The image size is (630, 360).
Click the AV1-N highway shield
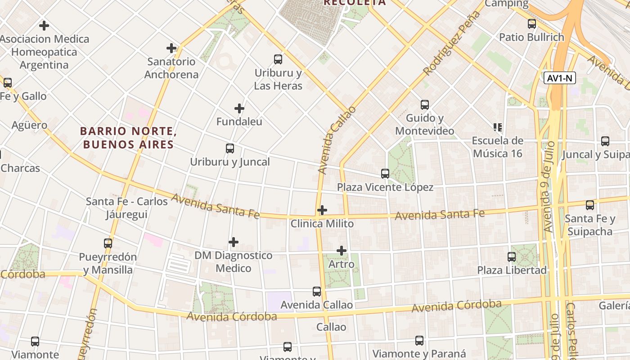560,78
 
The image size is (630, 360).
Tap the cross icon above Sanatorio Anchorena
171,48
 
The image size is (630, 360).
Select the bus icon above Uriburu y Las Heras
278,59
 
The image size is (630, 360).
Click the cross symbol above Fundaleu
239,108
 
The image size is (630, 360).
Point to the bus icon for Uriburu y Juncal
230,148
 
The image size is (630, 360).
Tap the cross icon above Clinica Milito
322,210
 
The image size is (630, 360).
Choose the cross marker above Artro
342,251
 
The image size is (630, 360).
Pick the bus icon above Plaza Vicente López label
385,174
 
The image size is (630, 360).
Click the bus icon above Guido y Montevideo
425,105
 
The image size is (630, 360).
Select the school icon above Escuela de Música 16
498,127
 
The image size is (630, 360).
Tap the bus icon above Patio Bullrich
532,24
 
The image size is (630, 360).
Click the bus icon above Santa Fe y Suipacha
590,205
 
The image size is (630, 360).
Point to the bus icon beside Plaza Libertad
512,257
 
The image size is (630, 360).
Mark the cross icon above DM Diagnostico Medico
234,242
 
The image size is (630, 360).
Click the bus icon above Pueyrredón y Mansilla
108,243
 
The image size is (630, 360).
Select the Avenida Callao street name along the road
337,140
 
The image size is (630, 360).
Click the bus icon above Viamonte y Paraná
419,341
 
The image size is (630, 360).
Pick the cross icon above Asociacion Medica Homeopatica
44,26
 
